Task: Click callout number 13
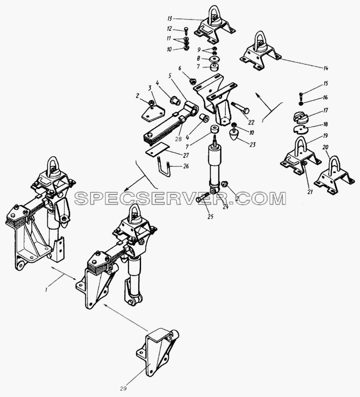(x=170, y=19)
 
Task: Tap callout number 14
(x=326, y=68)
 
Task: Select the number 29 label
(x=123, y=388)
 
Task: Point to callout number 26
(x=186, y=166)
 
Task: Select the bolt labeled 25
(x=202, y=197)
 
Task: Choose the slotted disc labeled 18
(x=301, y=129)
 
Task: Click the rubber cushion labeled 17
(x=301, y=117)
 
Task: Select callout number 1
(x=46, y=290)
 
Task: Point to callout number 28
(x=178, y=139)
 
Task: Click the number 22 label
(x=251, y=122)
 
